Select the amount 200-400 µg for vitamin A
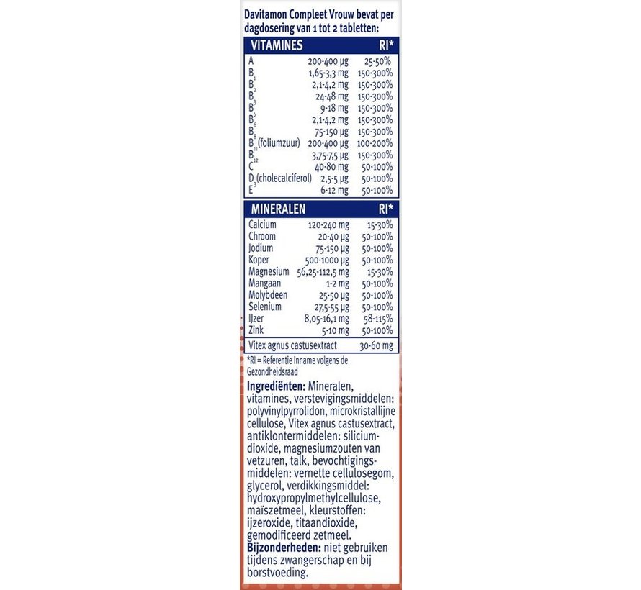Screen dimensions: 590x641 (x=328, y=61)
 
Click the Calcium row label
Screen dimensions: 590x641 (x=262, y=224)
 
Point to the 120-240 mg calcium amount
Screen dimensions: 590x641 (x=326, y=224)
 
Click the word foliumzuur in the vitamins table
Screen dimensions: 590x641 (x=277, y=142)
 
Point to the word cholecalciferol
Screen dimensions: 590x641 (x=287, y=178)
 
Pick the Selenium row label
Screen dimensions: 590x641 (x=264, y=307)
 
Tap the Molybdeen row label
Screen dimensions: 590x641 (x=268, y=295)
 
